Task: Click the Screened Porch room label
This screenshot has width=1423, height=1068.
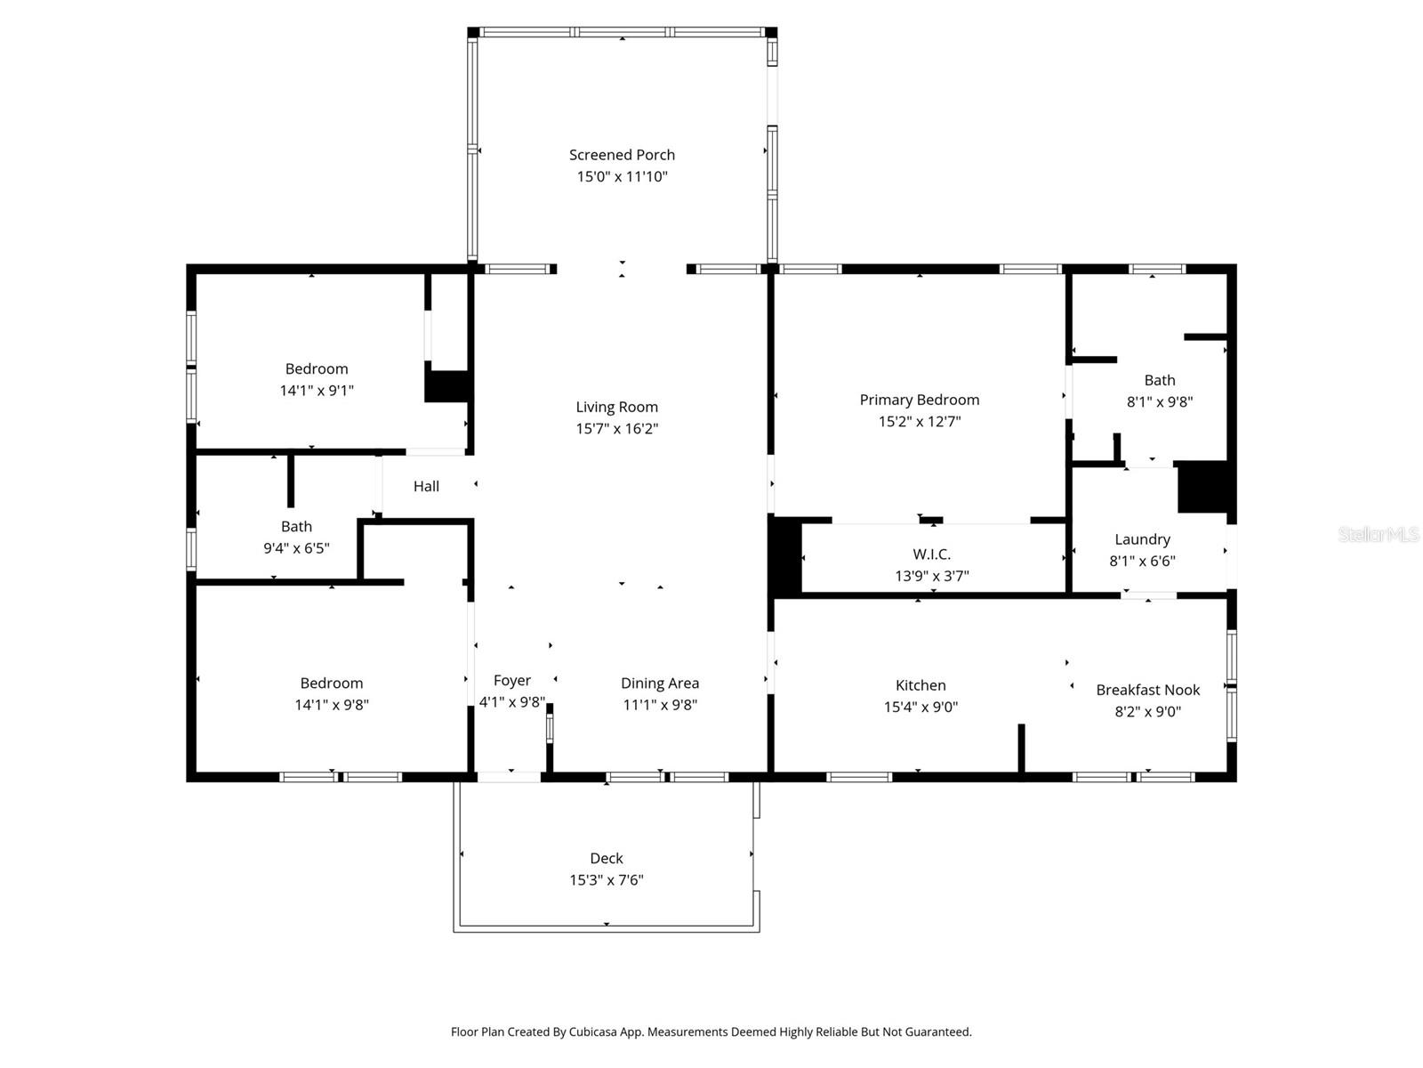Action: (x=622, y=155)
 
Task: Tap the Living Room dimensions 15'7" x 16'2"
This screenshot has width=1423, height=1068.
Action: (x=616, y=429)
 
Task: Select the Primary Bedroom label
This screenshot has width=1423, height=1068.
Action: (x=919, y=400)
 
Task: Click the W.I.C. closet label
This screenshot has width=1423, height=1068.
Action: (x=931, y=554)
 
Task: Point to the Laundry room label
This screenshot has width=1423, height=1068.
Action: (x=1142, y=539)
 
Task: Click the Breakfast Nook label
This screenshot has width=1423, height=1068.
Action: (x=1147, y=690)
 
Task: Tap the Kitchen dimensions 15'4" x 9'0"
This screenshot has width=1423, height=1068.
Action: (x=920, y=708)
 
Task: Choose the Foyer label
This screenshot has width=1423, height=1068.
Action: (x=511, y=681)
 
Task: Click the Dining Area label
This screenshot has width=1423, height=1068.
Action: (x=659, y=684)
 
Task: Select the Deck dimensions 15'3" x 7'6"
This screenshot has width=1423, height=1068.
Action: (x=606, y=880)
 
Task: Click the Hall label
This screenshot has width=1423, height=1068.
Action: (x=426, y=487)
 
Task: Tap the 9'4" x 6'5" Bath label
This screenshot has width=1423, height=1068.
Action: (x=296, y=527)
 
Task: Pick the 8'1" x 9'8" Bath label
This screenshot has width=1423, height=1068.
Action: (x=1159, y=381)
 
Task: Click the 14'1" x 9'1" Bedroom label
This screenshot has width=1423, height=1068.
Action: (x=316, y=369)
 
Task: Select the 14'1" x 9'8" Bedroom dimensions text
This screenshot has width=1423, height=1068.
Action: (x=331, y=705)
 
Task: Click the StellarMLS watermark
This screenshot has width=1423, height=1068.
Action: (x=1379, y=534)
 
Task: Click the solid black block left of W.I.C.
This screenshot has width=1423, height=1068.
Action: (x=785, y=556)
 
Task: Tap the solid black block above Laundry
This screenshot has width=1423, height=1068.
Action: (x=1202, y=486)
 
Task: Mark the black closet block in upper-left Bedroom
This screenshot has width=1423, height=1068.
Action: (x=446, y=385)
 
